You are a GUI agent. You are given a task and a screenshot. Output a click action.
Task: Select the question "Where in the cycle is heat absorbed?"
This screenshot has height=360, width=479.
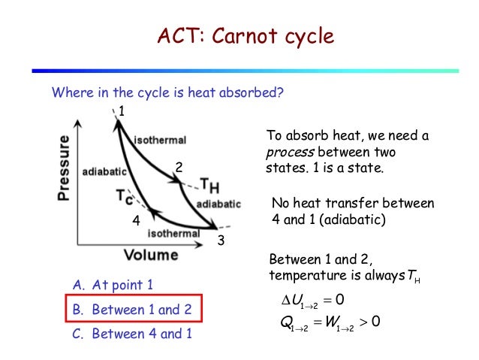point(167,93)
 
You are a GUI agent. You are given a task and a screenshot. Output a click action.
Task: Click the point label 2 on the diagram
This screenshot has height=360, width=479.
point(179,166)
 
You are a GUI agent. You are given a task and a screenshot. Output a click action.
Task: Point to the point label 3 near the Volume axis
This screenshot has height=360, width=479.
point(221,241)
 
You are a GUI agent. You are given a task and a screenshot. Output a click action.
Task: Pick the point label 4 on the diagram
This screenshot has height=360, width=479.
point(136,222)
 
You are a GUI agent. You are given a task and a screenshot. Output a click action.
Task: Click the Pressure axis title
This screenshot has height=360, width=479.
point(64,168)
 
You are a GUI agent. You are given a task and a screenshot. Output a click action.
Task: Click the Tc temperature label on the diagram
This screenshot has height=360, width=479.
point(125,198)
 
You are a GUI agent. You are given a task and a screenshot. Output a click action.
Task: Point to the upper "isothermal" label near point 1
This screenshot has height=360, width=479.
point(160,141)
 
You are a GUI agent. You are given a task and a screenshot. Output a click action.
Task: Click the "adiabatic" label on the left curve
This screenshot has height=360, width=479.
point(104,171)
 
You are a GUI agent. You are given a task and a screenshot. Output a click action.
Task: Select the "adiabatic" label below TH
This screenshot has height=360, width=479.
point(218,204)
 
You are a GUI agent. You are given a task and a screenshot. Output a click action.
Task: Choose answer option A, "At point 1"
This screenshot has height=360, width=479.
point(113,285)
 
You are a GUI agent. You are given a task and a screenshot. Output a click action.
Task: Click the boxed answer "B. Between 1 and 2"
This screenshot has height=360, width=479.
point(132,309)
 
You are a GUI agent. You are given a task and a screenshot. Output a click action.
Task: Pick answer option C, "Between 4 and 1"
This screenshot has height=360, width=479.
point(132,332)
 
